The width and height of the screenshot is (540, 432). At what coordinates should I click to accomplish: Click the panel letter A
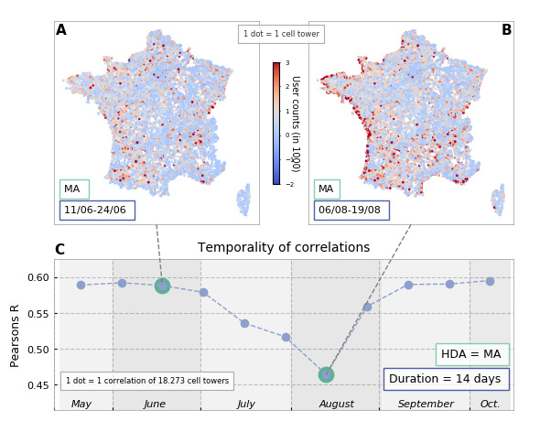pos(61,30)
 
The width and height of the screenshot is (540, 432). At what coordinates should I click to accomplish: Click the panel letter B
pos(507,30)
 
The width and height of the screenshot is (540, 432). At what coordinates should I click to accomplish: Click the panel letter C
pos(59,250)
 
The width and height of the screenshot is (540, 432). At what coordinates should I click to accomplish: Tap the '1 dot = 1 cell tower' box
pos(281,34)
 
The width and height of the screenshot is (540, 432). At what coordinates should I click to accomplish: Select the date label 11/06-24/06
pos(97,211)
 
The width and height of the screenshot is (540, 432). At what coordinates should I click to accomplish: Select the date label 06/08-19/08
pos(351,211)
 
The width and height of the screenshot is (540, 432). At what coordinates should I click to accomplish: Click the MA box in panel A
pos(74,189)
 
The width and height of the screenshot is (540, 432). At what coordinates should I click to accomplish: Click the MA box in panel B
pos(327,189)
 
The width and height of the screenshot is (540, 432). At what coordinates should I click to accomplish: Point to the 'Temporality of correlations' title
pos(284,247)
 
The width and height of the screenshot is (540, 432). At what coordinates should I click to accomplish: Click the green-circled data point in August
pos(326,375)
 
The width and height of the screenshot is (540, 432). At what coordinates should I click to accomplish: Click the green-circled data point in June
pos(162,286)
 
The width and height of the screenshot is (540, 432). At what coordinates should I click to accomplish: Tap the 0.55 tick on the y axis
pos(38,314)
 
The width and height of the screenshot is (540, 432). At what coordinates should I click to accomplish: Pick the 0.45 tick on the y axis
pos(38,385)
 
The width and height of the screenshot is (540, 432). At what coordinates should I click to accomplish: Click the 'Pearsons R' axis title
pos(15,336)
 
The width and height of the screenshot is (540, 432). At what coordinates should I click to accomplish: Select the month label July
pos(246,404)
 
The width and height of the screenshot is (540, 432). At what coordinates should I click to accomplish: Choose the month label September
pos(426,404)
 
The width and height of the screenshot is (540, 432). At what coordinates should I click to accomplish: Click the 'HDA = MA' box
pos(472,354)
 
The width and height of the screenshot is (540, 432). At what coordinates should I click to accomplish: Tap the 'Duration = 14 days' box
pos(447,379)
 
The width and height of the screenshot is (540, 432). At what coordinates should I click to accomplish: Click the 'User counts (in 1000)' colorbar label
pos(297,124)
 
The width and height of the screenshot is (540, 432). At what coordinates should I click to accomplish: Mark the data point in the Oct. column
pos(490,282)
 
